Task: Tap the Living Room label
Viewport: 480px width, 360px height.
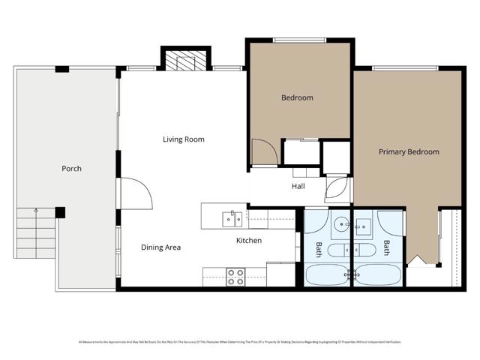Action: click(x=184, y=139)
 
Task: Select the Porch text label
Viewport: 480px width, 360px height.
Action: click(x=71, y=169)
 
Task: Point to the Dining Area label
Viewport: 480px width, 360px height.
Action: click(x=160, y=247)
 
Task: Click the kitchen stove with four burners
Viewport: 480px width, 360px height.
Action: click(x=235, y=277)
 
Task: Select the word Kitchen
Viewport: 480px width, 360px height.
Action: click(x=249, y=241)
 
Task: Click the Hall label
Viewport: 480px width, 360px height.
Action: click(x=298, y=187)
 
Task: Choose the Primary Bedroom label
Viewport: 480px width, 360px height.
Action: click(x=408, y=152)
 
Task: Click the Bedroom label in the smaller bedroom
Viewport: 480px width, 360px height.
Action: click(x=297, y=97)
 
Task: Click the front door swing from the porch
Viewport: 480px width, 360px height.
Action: click(x=136, y=192)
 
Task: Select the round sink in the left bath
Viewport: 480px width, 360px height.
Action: click(x=340, y=223)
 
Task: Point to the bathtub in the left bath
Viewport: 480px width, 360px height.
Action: click(x=327, y=274)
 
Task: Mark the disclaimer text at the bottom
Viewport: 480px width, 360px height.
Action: click(x=240, y=342)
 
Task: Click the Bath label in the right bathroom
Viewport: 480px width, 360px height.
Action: click(x=387, y=247)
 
